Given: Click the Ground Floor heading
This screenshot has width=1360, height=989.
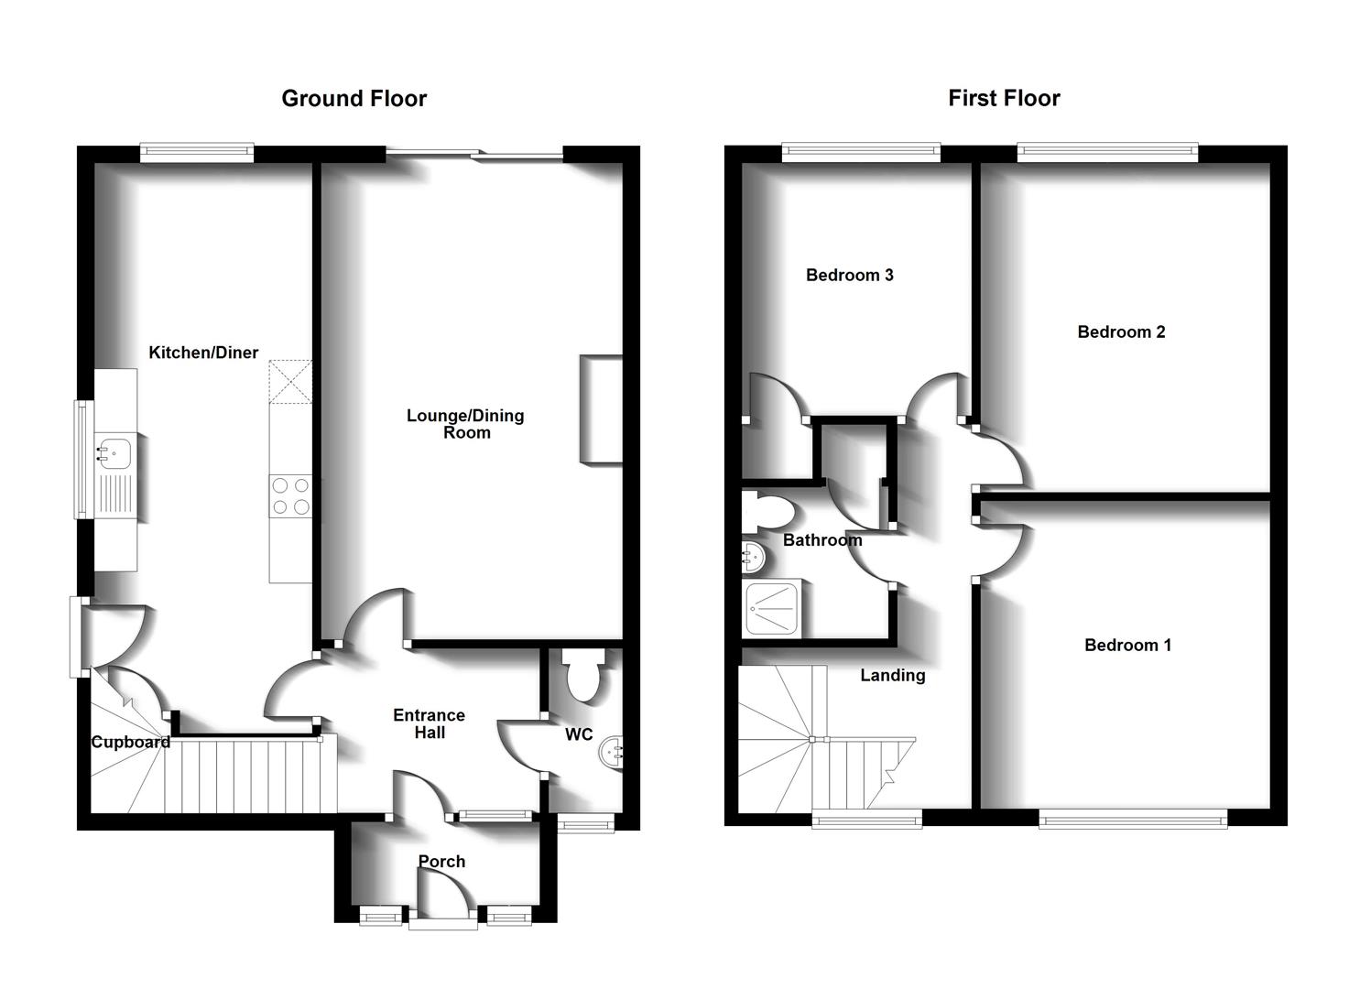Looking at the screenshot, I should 354,98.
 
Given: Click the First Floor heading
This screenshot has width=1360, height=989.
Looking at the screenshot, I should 1004,98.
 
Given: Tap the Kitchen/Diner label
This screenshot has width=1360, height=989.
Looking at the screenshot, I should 203,353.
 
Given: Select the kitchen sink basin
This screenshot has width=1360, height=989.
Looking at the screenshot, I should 114,451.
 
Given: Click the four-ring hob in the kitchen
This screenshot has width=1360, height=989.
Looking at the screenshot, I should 290,496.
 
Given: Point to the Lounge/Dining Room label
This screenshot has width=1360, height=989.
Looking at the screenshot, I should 465,424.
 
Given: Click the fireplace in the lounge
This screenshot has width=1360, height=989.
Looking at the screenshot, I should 600,409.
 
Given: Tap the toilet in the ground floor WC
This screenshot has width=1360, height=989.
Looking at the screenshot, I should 582,676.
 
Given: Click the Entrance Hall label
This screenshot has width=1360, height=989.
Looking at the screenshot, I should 429,723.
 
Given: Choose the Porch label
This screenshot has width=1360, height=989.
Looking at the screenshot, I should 441,862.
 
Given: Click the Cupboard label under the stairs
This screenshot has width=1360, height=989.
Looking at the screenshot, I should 130,742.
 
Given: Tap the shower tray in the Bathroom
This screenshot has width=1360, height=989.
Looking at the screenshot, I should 775,607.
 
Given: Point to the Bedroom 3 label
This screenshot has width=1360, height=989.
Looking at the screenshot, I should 849,275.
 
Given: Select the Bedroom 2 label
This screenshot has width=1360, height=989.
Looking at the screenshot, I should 1121,331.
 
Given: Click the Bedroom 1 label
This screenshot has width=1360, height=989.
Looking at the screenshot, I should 1127,645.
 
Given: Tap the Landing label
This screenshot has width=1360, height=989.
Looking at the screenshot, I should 892,675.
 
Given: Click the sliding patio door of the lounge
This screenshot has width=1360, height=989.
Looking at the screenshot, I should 474,154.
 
